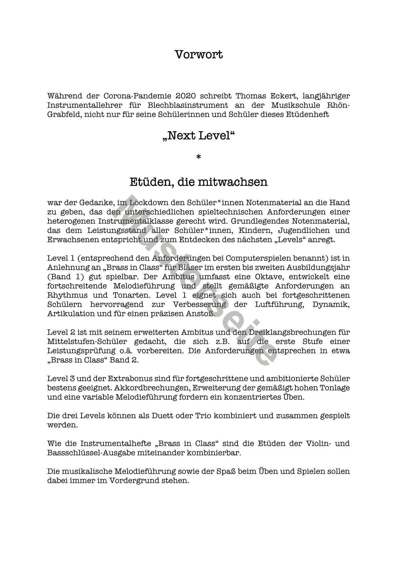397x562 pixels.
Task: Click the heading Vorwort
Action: (x=198, y=54)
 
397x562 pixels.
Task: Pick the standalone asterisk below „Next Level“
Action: (x=198, y=157)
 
